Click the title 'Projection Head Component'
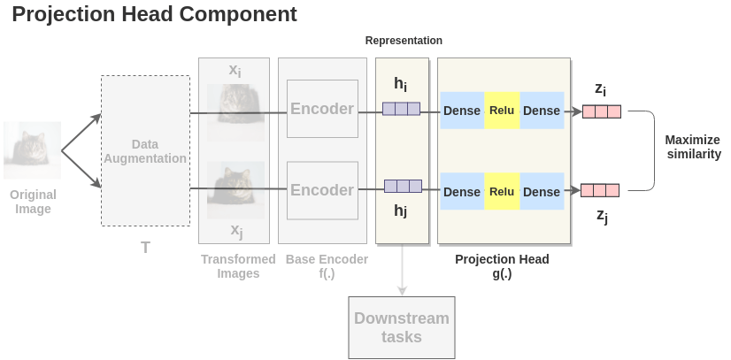154,15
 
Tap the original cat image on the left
33,150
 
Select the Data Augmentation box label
145,151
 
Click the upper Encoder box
322,109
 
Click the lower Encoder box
322,190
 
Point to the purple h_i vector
401,110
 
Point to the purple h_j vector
403,186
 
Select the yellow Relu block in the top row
502,111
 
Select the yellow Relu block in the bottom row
502,192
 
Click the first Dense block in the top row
462,111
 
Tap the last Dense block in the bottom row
542,192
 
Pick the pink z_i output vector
601,111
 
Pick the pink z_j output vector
599,190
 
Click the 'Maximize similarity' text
693,147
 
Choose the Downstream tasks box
402,327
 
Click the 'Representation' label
404,41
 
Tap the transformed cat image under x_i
235,111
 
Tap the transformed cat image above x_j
235,189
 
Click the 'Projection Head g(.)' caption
502,266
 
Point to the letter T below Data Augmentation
145,248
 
